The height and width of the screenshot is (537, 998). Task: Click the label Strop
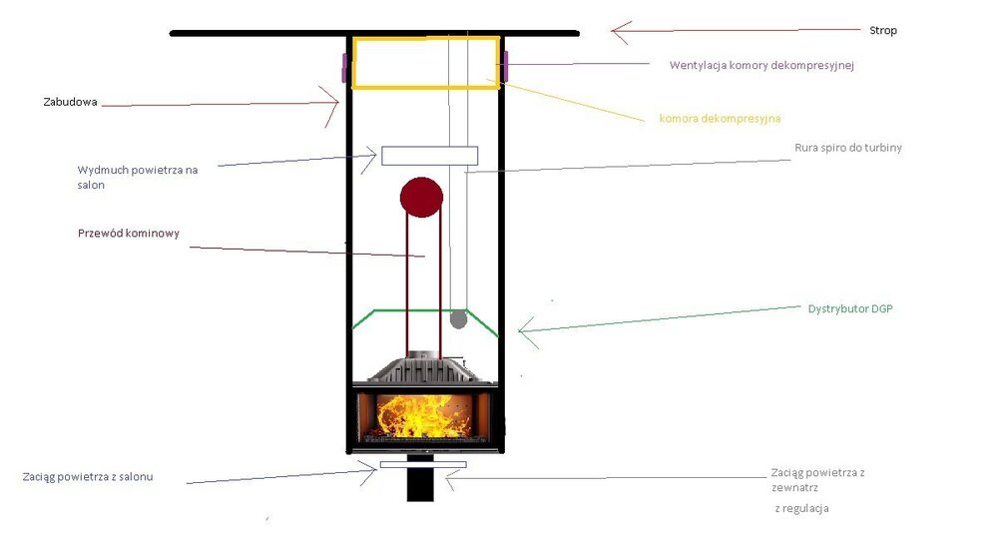883,31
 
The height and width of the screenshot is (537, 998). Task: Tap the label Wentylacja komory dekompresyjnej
761,66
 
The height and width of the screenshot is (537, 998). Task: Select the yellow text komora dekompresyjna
720,119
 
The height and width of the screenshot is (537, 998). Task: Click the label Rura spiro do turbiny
847,148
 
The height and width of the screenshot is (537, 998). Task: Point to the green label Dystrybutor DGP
850,309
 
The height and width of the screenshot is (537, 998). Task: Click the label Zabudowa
70,102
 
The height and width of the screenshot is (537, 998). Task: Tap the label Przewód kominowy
129,233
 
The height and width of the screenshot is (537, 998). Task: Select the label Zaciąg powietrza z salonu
88,476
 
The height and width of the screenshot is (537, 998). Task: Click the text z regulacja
802,508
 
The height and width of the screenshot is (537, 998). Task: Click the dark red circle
421,198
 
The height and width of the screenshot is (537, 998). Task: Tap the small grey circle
458,319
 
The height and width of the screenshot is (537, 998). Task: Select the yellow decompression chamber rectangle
426,62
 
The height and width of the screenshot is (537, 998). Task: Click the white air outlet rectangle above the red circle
429,156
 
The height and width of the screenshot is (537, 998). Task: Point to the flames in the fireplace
423,416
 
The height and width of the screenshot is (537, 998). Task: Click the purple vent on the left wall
344,68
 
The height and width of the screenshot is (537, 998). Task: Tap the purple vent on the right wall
505,67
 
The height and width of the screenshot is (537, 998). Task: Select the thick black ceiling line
374,33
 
